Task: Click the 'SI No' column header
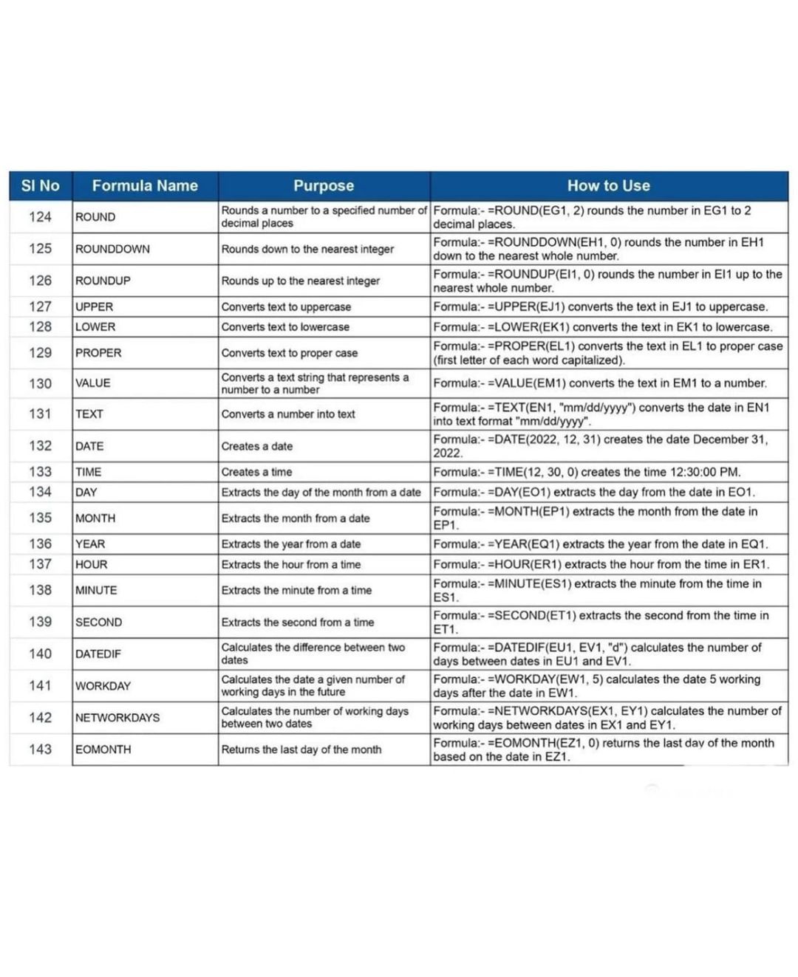[41, 186]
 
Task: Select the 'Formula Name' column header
[145, 186]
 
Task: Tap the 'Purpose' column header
[324, 186]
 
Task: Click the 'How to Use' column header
[608, 186]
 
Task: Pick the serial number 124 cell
[41, 217]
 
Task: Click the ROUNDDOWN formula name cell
[112, 250]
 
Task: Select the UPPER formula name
[95, 307]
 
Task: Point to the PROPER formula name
[98, 353]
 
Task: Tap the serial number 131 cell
[41, 414]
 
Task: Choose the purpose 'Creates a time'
[257, 473]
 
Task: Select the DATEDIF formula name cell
[98, 654]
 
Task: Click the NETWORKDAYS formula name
[117, 718]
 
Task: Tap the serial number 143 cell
[41, 750]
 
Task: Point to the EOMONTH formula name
[103, 750]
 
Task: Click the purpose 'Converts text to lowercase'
[285, 327]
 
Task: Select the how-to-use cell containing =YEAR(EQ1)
[600, 544]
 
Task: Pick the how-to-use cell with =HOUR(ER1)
[601, 565]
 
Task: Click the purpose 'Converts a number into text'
[288, 414]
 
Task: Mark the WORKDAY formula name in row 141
[103, 686]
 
